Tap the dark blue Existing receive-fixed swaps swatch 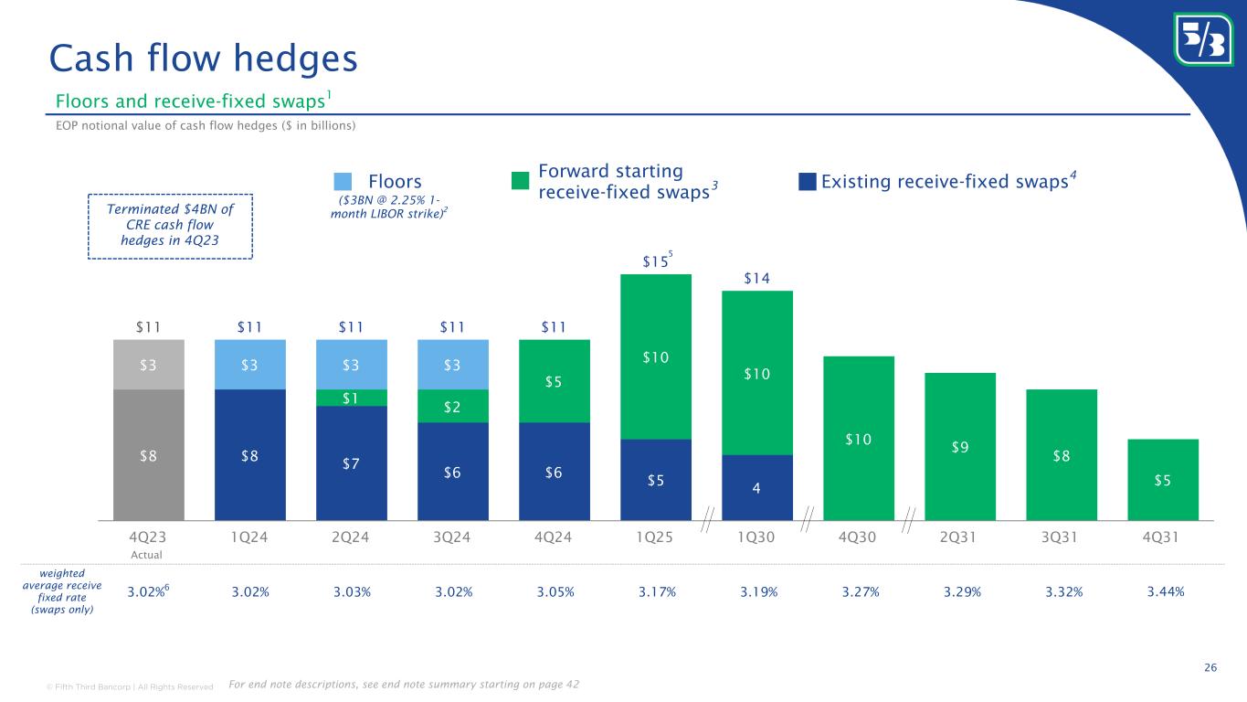807,182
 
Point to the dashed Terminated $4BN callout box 170,226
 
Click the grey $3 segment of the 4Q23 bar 149,365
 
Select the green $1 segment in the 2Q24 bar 352,398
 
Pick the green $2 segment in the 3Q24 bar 453,406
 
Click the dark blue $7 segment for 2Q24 352,463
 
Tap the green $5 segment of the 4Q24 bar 555,381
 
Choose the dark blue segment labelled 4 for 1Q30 757,488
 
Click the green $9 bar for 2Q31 960,447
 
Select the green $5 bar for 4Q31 1163,480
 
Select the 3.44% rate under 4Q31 1165,591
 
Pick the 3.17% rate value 656,591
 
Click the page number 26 1210,668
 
